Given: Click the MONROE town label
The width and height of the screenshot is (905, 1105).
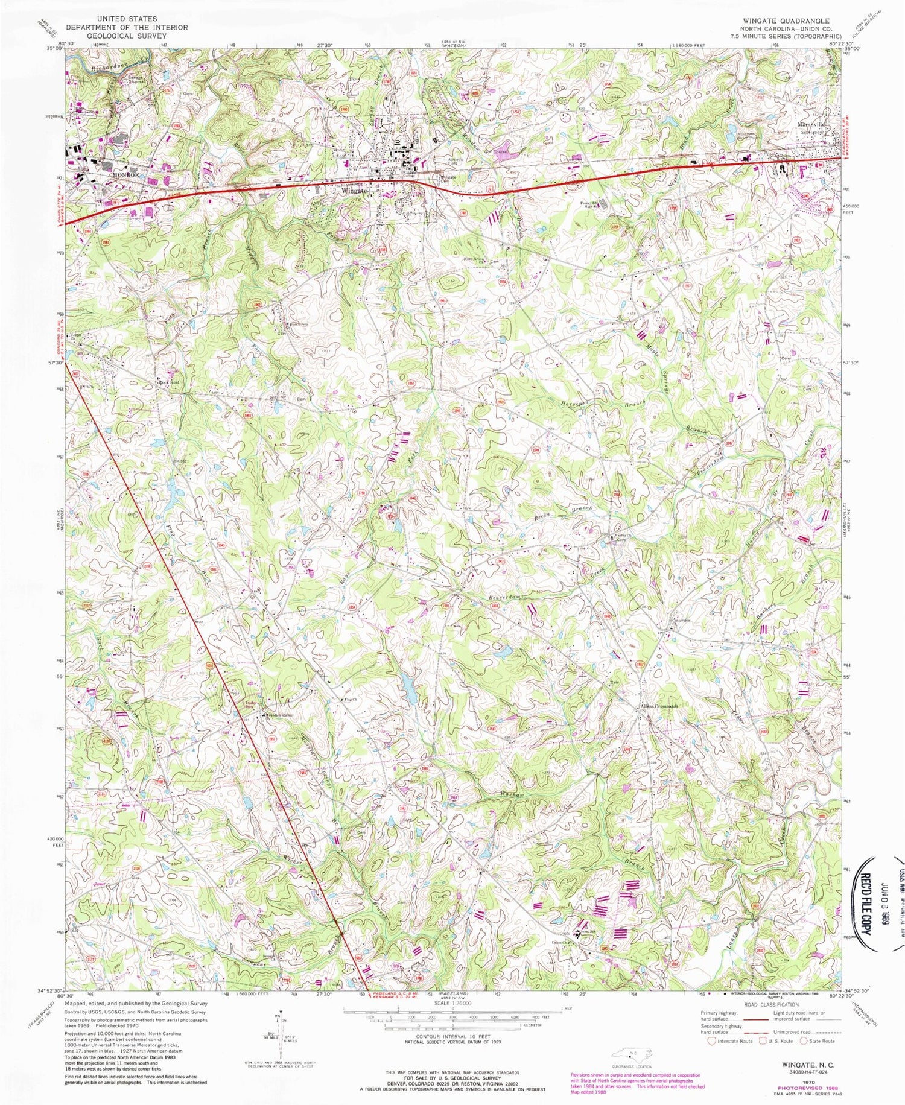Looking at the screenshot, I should (125, 174).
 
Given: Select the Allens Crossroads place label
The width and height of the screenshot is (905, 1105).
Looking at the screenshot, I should (659, 706).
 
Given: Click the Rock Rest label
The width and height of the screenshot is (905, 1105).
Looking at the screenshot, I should (170, 382).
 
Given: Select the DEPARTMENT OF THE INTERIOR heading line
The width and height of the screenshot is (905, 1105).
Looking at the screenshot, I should (127, 27).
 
